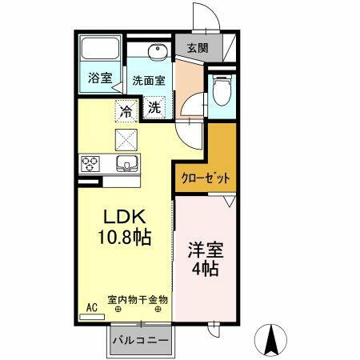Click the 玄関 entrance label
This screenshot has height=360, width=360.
click(198, 48)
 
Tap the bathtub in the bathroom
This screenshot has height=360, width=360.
click(100, 52)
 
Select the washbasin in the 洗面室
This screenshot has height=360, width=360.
click(155, 54)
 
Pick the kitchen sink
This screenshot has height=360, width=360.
click(126, 165)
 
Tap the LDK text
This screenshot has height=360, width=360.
click(125, 217)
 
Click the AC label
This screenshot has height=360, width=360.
click(91, 306)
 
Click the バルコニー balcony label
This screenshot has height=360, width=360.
click(140, 340)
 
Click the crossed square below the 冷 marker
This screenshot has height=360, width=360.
click(126, 138)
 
